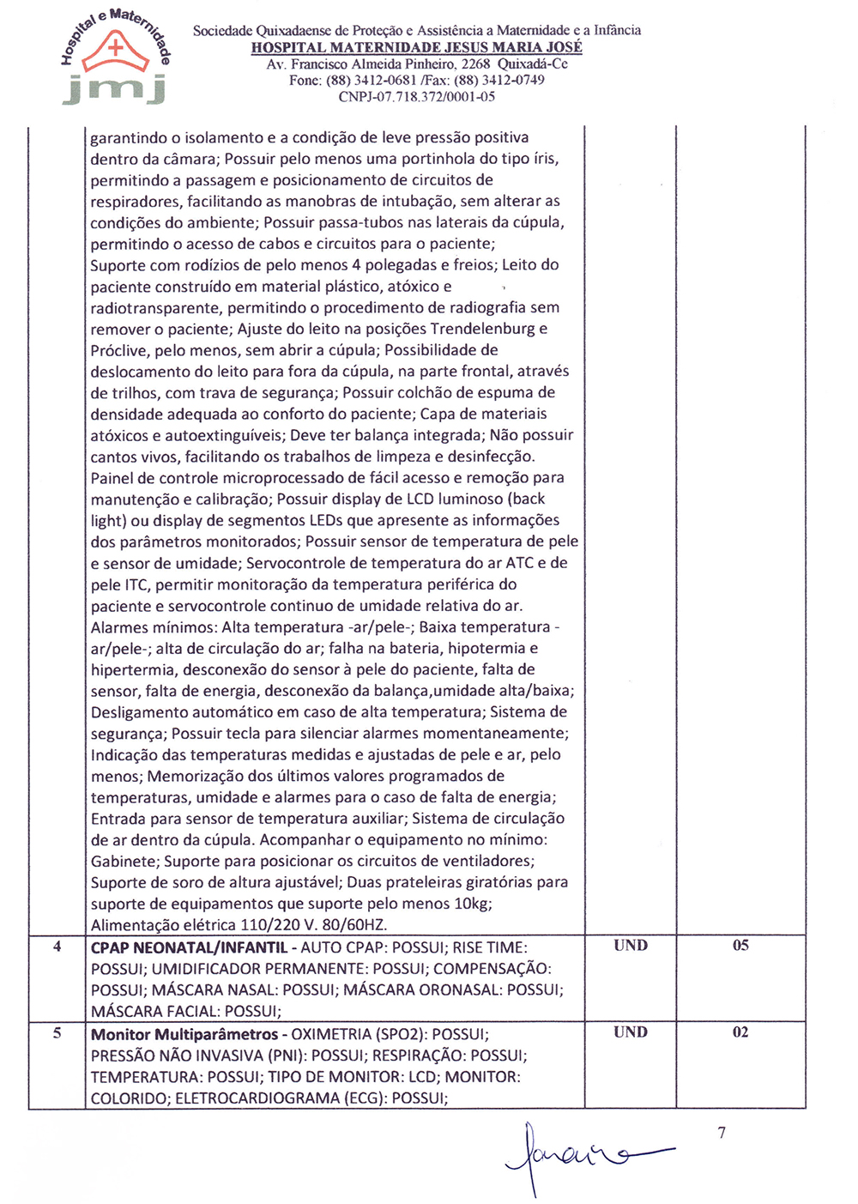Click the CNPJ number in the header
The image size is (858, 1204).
coord(416,97)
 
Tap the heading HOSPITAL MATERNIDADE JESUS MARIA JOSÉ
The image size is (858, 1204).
coord(416,47)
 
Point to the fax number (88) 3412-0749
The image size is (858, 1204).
coord(498,80)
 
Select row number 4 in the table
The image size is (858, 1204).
coord(57,947)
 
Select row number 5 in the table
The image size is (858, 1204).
coord(57,1033)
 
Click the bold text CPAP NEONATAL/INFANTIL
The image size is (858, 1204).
coord(189,948)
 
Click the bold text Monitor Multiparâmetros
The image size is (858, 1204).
coord(184,1035)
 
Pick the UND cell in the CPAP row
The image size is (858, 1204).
coord(631,946)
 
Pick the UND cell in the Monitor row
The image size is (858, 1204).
coord(631,1032)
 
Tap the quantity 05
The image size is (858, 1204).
coord(740,946)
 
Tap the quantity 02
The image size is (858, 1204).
coord(740,1032)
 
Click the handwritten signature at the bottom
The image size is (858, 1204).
coord(583,1154)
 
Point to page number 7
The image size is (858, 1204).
coord(722,1133)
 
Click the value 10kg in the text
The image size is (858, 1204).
coord(472,904)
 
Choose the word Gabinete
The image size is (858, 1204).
coord(124,861)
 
